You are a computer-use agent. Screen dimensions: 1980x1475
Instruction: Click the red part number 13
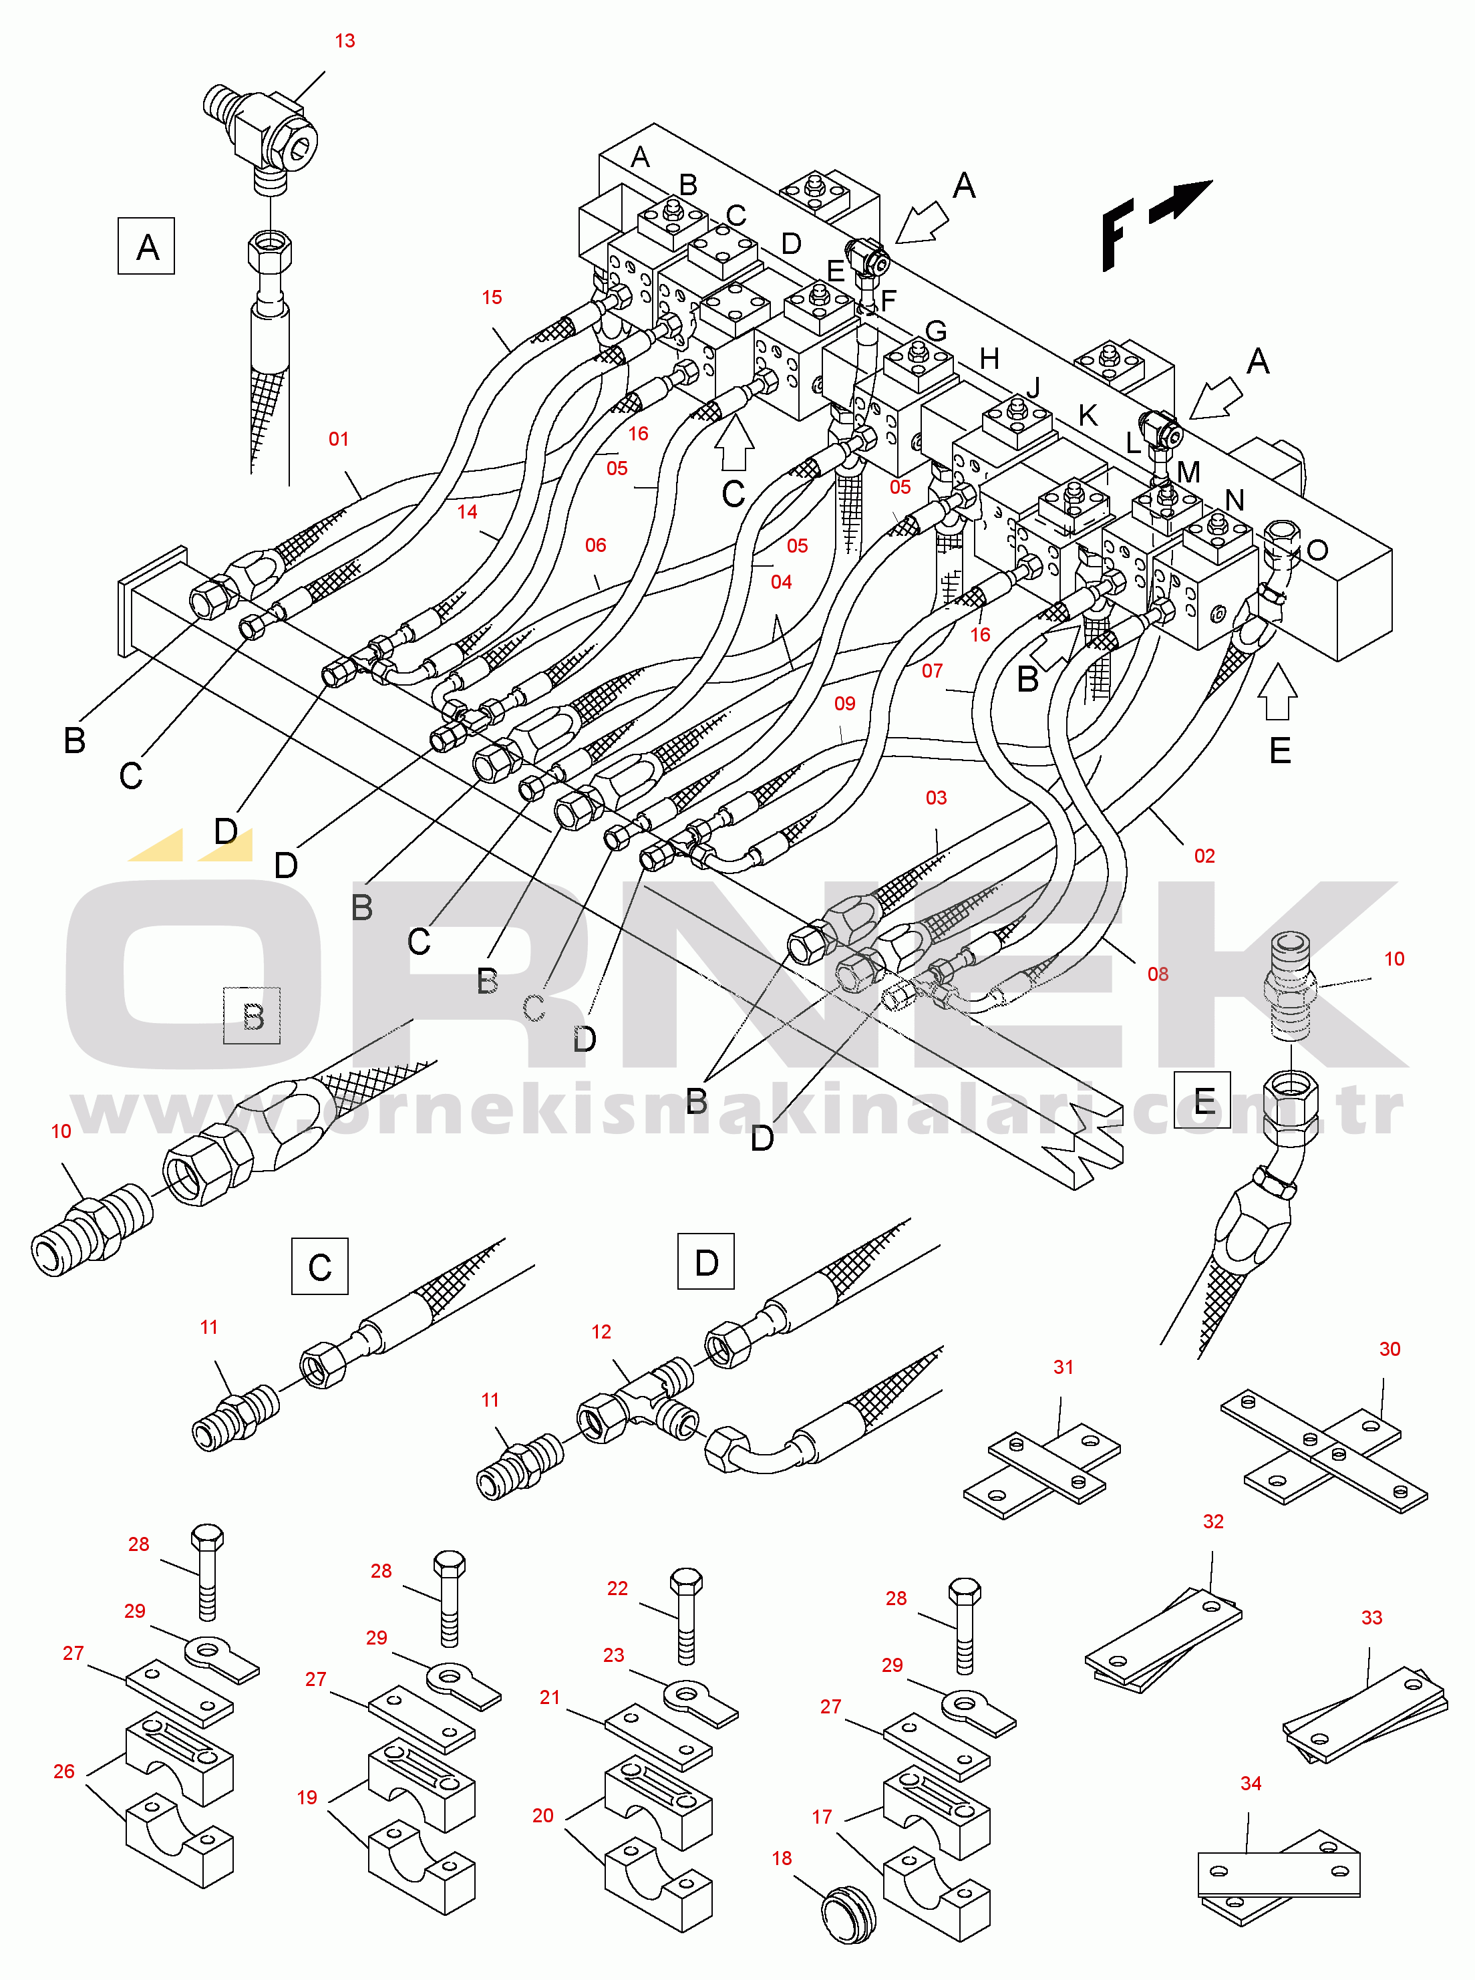(x=345, y=41)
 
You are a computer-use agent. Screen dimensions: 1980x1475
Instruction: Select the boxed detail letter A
(x=146, y=247)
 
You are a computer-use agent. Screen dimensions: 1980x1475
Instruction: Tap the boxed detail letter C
(x=319, y=1266)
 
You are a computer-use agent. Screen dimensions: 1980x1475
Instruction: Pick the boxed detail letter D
(x=705, y=1262)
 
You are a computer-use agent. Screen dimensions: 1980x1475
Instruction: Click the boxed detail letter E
(x=1202, y=1101)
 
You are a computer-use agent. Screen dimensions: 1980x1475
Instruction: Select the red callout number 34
(x=1251, y=1784)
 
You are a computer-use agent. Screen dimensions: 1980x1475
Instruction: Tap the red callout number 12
(x=601, y=1332)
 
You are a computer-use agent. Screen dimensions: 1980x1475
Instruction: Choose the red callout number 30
(x=1389, y=1349)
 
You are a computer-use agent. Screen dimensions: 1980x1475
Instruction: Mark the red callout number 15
(x=492, y=297)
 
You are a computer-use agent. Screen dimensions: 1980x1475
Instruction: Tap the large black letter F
(x=1116, y=234)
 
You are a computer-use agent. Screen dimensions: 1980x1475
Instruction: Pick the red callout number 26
(x=63, y=1771)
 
